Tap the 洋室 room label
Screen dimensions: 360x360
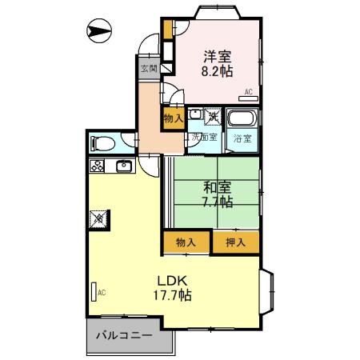(217, 56)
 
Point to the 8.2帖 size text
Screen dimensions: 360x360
(217, 70)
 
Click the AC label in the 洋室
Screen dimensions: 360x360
(248, 92)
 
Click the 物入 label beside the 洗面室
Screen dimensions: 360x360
(174, 118)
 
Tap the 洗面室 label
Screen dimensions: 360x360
(203, 138)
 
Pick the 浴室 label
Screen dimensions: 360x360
(242, 138)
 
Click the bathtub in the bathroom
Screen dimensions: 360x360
(241, 120)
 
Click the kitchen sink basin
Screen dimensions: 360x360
(125, 166)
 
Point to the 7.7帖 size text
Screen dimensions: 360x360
(217, 202)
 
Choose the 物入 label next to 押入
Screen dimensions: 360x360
(186, 241)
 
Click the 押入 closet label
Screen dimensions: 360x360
(235, 241)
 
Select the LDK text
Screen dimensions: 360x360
(171, 281)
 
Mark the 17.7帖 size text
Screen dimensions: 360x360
(173, 295)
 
